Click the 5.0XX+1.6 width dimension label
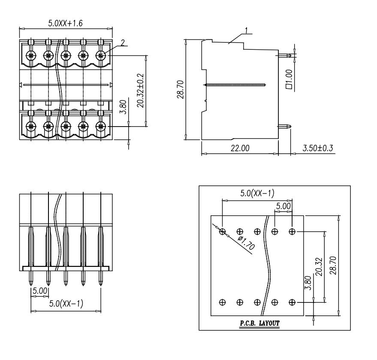click(x=65, y=23)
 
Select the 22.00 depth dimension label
click(x=240, y=148)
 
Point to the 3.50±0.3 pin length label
click(x=318, y=148)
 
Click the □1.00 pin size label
click(x=289, y=79)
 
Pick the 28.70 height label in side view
click(x=180, y=89)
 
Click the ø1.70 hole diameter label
click(x=246, y=243)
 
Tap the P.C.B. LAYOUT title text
click(x=259, y=323)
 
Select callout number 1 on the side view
click(x=246, y=30)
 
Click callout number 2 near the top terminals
click(x=123, y=42)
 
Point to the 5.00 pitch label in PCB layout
click(x=283, y=206)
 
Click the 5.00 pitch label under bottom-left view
click(x=40, y=291)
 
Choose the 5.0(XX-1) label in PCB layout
click(x=257, y=193)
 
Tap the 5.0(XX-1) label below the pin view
click(x=66, y=303)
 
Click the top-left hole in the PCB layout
click(x=223, y=232)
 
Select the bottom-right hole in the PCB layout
click(x=292, y=302)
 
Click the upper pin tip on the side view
click(x=290, y=55)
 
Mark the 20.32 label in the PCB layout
click(x=319, y=267)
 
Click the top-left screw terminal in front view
click(x=31, y=56)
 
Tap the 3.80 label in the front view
click(x=123, y=107)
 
